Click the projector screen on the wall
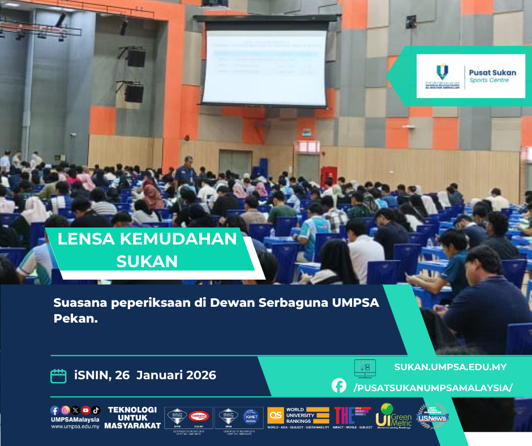click(x=264, y=67)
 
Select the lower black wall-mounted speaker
click(x=134, y=92)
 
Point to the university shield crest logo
click(x=441, y=71)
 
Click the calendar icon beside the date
click(x=58, y=376)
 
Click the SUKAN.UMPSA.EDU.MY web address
click(x=451, y=367)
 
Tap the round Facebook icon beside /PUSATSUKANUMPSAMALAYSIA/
click(x=339, y=386)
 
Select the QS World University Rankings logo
click(x=298, y=417)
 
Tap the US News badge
click(x=432, y=416)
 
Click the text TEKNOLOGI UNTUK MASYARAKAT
click(x=134, y=418)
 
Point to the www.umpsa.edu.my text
click(x=75, y=426)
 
